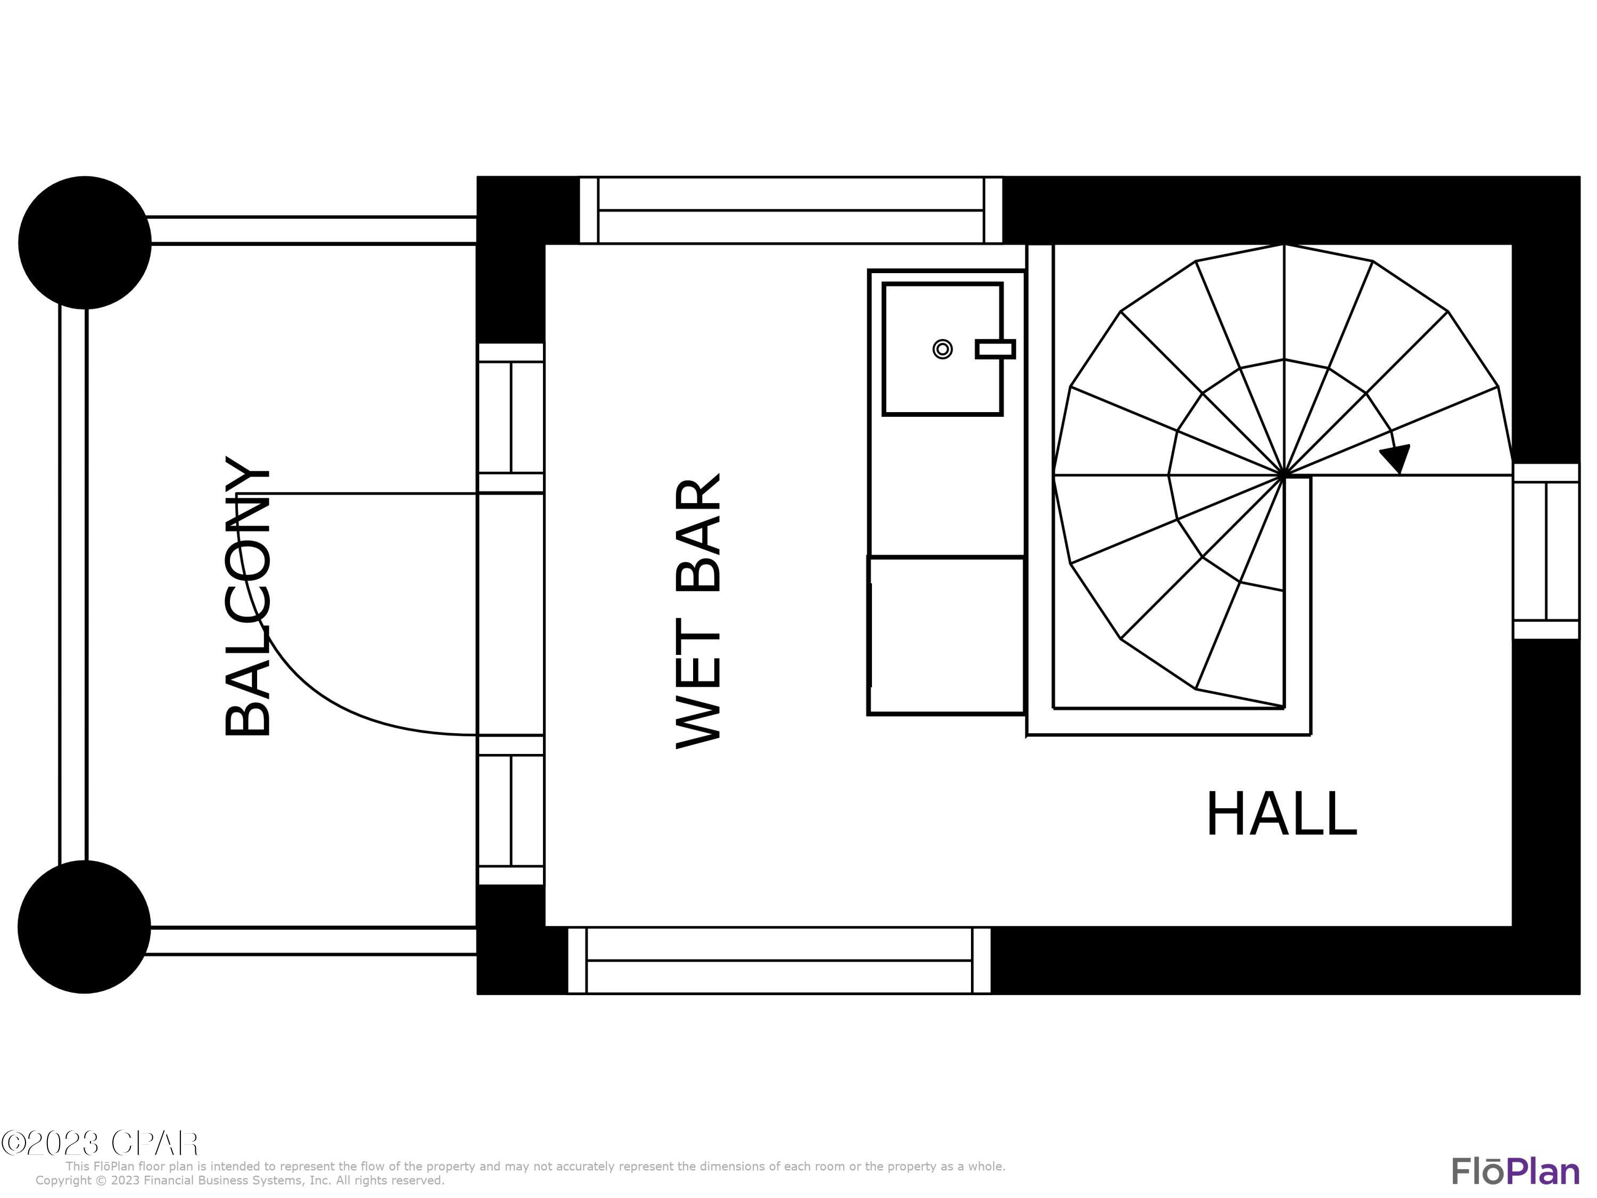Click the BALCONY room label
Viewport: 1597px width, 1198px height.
[248, 596]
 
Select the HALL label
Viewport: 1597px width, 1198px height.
[1281, 815]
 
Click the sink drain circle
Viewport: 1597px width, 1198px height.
[942, 349]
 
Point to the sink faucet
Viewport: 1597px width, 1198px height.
[995, 349]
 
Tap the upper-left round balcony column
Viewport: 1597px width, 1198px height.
[85, 243]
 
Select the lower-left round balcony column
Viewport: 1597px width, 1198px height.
[85, 926]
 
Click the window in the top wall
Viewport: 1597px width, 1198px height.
[791, 210]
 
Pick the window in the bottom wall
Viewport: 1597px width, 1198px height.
[779, 961]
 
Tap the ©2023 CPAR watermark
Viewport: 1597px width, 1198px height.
[100, 1143]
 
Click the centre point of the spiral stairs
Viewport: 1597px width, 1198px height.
[1283, 475]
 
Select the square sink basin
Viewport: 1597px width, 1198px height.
[942, 349]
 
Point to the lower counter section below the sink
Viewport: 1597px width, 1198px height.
[946, 635]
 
